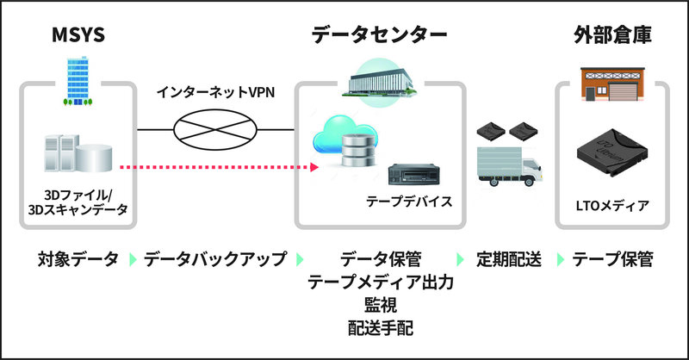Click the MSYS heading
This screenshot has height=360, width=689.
point(77,36)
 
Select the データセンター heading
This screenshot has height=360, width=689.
point(379,36)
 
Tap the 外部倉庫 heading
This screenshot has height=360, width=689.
point(611,36)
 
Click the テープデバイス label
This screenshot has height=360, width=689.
point(409,202)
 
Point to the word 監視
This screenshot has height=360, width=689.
point(380,304)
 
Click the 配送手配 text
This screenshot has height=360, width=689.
point(380,326)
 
